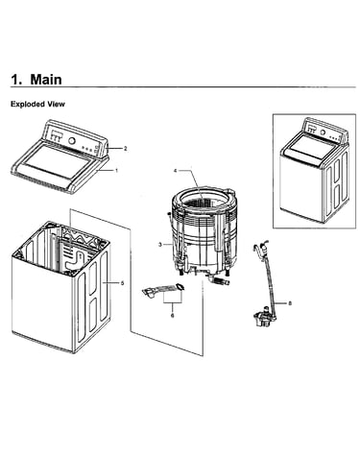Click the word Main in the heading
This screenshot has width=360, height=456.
[x=46, y=79]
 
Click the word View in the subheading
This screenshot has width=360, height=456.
[x=57, y=104]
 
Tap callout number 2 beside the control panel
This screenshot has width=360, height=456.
[x=126, y=149]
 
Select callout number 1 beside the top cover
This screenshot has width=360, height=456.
[x=116, y=171]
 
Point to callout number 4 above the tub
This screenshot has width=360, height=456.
[x=175, y=171]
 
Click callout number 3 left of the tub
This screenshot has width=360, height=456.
[x=160, y=245]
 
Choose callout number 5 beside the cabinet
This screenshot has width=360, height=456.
[x=122, y=283]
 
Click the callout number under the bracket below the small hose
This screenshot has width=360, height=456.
[x=172, y=315]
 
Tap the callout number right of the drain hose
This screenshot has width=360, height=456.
[x=290, y=303]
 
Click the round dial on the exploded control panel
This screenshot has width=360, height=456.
[x=72, y=140]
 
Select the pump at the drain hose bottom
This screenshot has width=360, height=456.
[x=263, y=317]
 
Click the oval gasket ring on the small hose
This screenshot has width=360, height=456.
[x=180, y=287]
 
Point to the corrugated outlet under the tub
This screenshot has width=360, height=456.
[x=220, y=281]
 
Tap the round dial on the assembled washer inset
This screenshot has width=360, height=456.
[x=323, y=132]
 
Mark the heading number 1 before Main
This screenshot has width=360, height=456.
[x=16, y=80]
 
